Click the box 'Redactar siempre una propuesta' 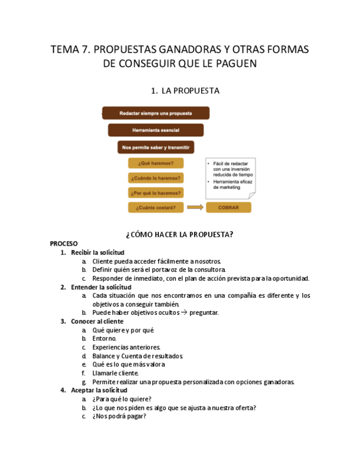156,113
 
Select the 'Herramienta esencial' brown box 156,130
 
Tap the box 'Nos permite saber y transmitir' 156,147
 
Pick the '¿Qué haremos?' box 156,163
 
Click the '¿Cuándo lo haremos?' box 156,178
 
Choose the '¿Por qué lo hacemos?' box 156,193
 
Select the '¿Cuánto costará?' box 156,208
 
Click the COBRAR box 229,208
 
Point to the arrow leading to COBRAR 195,208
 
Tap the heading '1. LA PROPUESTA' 185,91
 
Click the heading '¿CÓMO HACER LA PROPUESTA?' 180,235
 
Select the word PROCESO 64,243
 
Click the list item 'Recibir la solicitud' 97,253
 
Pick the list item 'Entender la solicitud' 101,287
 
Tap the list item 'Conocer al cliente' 97,321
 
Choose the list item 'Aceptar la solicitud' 99,390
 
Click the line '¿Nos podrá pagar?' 119,417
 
